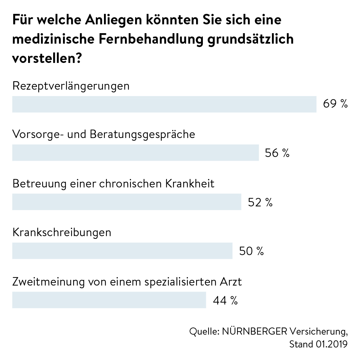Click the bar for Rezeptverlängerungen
click(x=164, y=104)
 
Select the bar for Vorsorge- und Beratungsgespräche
click(x=135, y=153)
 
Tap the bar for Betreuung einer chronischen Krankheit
click(x=127, y=202)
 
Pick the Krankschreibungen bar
click(x=122, y=251)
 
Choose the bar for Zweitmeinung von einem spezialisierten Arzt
click(x=109, y=300)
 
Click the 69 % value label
click(x=335, y=104)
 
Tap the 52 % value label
click(x=260, y=202)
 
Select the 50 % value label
click(x=251, y=251)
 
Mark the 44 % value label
click(x=225, y=300)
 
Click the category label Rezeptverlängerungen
click(x=71, y=86)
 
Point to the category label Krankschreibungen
click(x=62, y=233)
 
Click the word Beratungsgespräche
click(x=143, y=135)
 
